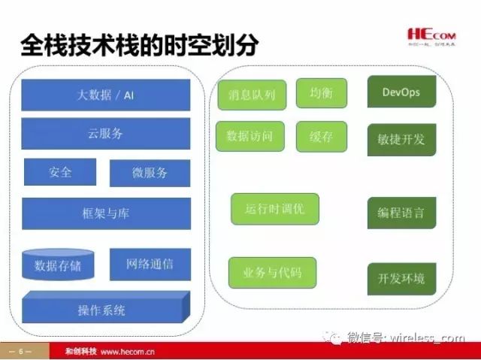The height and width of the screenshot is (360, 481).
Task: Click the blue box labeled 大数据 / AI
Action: pyautogui.click(x=105, y=95)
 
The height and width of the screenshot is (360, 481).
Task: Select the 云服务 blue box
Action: pyautogui.click(x=105, y=134)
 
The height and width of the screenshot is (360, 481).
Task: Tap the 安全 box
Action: pyautogui.click(x=60, y=172)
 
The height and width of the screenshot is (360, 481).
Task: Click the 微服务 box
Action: pyautogui.click(x=150, y=173)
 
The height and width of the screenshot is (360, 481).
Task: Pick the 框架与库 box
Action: pyautogui.click(x=105, y=213)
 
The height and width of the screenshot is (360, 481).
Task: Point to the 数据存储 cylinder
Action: pyautogui.click(x=58, y=265)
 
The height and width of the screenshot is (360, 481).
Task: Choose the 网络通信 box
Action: pyautogui.click(x=150, y=264)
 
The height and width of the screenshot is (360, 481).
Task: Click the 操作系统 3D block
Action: pyautogui.click(x=103, y=309)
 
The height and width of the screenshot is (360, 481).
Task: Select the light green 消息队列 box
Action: pyautogui.click(x=251, y=95)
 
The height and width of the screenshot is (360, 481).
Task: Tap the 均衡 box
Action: pyautogui.click(x=321, y=93)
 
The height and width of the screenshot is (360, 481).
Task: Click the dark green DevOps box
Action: pyautogui.click(x=401, y=92)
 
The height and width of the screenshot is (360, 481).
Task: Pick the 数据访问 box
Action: pyautogui.click(x=250, y=137)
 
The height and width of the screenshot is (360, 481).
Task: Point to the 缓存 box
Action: pyautogui.click(x=321, y=137)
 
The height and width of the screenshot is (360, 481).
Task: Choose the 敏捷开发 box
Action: pyautogui.click(x=401, y=139)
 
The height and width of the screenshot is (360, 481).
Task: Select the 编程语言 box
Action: pyautogui.click(x=401, y=213)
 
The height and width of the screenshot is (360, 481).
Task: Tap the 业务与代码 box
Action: pyautogui.click(x=272, y=272)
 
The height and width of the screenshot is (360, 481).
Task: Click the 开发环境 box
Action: pyautogui.click(x=401, y=278)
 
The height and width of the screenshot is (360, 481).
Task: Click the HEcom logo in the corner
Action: pyautogui.click(x=434, y=35)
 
